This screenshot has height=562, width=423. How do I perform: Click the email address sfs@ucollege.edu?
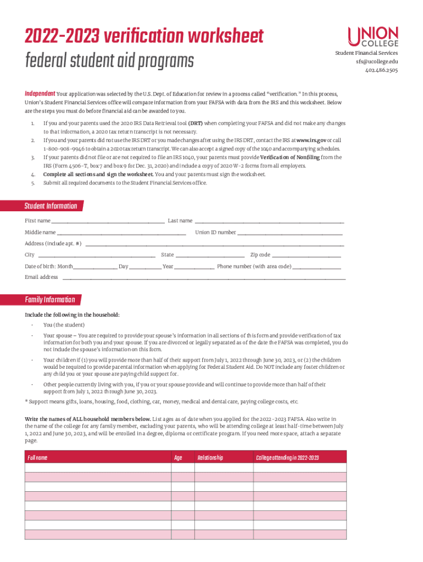point(376,61)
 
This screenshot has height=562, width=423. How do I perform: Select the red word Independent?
point(40,94)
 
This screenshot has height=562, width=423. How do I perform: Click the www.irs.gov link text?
point(311,140)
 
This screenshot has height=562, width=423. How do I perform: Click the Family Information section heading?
point(49,300)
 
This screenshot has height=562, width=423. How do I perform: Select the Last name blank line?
point(269,222)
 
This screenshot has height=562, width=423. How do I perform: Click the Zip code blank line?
point(307,256)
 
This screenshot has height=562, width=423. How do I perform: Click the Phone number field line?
point(317,268)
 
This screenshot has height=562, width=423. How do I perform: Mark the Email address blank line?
point(203,279)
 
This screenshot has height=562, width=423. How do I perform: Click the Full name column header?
point(38,458)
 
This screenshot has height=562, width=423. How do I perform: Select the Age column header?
point(178,458)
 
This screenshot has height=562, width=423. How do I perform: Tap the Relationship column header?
point(210,458)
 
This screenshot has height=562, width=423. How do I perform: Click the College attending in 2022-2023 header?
point(287,458)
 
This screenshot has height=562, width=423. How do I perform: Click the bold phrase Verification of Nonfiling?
point(297,158)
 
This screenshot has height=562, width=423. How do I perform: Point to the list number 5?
point(33,183)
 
